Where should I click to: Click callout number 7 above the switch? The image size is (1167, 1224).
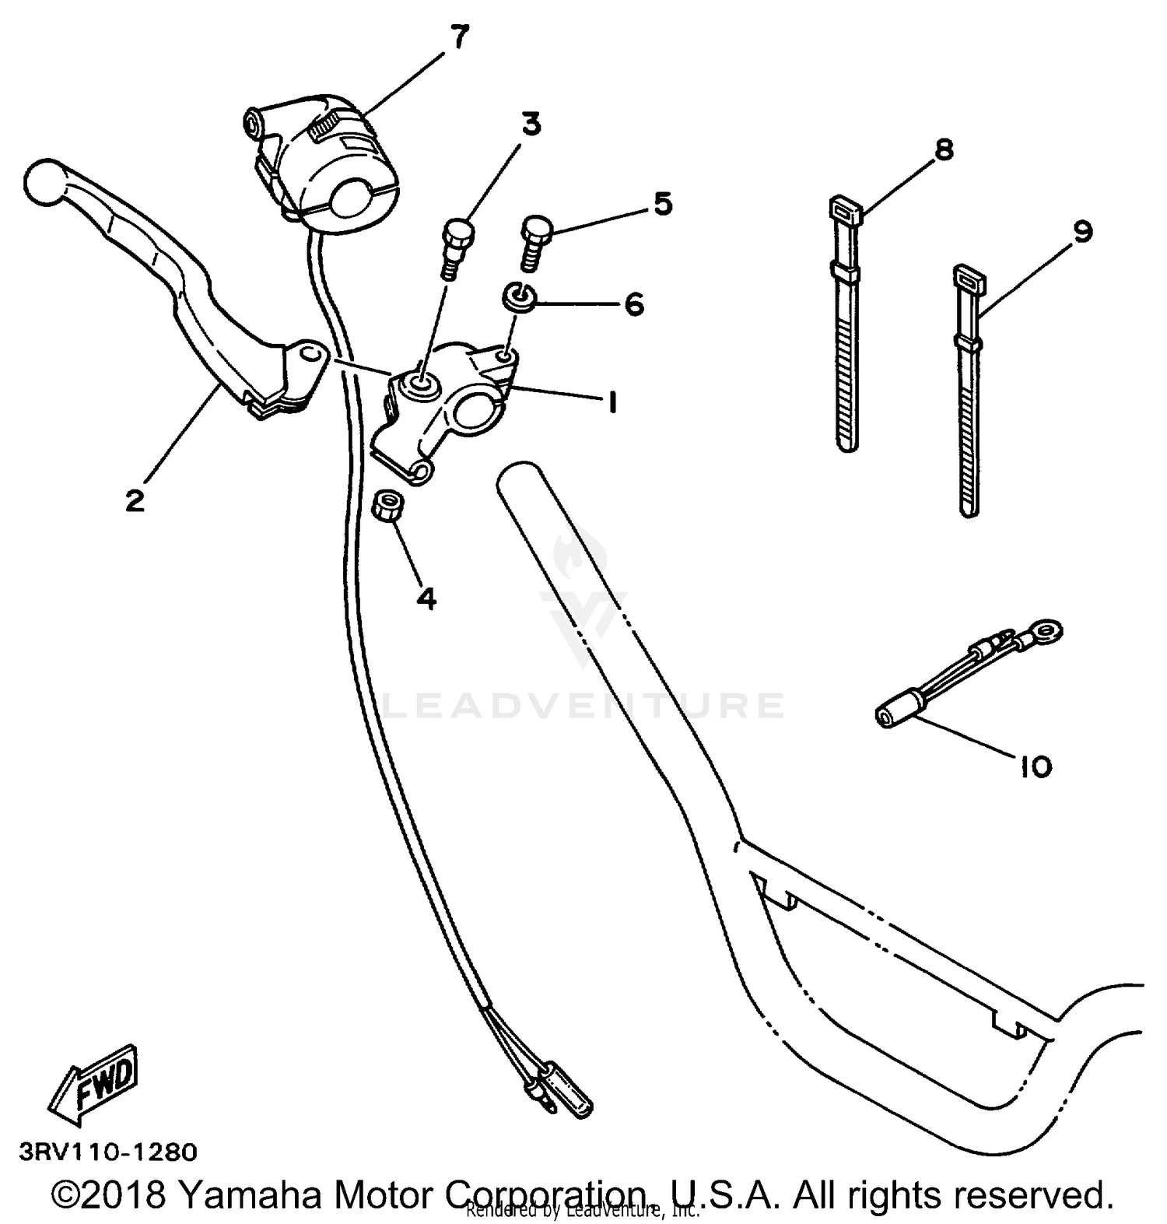pyautogui.click(x=460, y=37)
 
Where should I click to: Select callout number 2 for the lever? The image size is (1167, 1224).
pyautogui.click(x=135, y=500)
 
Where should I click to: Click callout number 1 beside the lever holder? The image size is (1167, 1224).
pyautogui.click(x=612, y=402)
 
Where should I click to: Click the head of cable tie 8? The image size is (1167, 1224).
pyautogui.click(x=842, y=209)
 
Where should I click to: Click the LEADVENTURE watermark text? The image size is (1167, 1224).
pyautogui.click(x=583, y=705)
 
